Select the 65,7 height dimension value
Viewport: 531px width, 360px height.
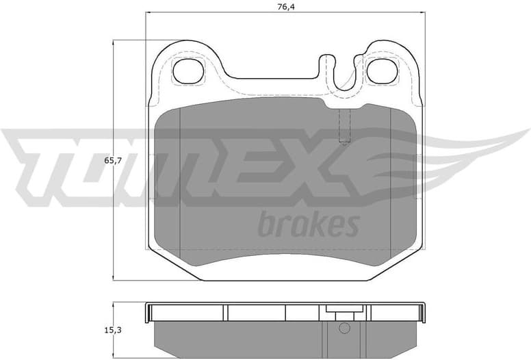tap(113, 160)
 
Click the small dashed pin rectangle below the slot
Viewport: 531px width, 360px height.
tap(345, 127)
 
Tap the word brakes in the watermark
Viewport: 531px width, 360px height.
tap(309, 224)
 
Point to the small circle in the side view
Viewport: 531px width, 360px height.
tap(345, 330)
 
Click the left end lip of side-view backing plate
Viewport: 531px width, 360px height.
tap(149, 312)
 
